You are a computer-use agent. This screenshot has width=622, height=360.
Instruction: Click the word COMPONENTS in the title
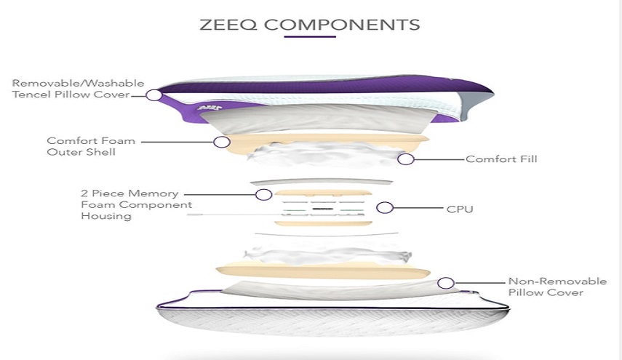[x=342, y=24]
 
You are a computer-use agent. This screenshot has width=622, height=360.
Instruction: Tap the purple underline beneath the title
[x=309, y=36]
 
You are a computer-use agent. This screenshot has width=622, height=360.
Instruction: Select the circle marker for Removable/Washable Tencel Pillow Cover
[x=153, y=95]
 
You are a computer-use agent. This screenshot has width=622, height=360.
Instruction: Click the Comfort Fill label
[x=501, y=159]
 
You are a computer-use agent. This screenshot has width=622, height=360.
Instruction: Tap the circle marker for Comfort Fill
[x=406, y=158]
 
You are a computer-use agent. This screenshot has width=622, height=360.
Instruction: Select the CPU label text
[x=460, y=209]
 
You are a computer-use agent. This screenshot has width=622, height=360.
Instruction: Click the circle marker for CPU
[x=385, y=208]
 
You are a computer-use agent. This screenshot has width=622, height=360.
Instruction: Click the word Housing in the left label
[x=105, y=216]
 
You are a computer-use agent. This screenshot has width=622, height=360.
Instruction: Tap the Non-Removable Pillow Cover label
[x=545, y=287]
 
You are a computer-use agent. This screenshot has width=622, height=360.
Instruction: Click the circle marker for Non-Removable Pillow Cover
[x=446, y=282]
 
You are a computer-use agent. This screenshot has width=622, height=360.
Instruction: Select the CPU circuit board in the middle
[x=321, y=208]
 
